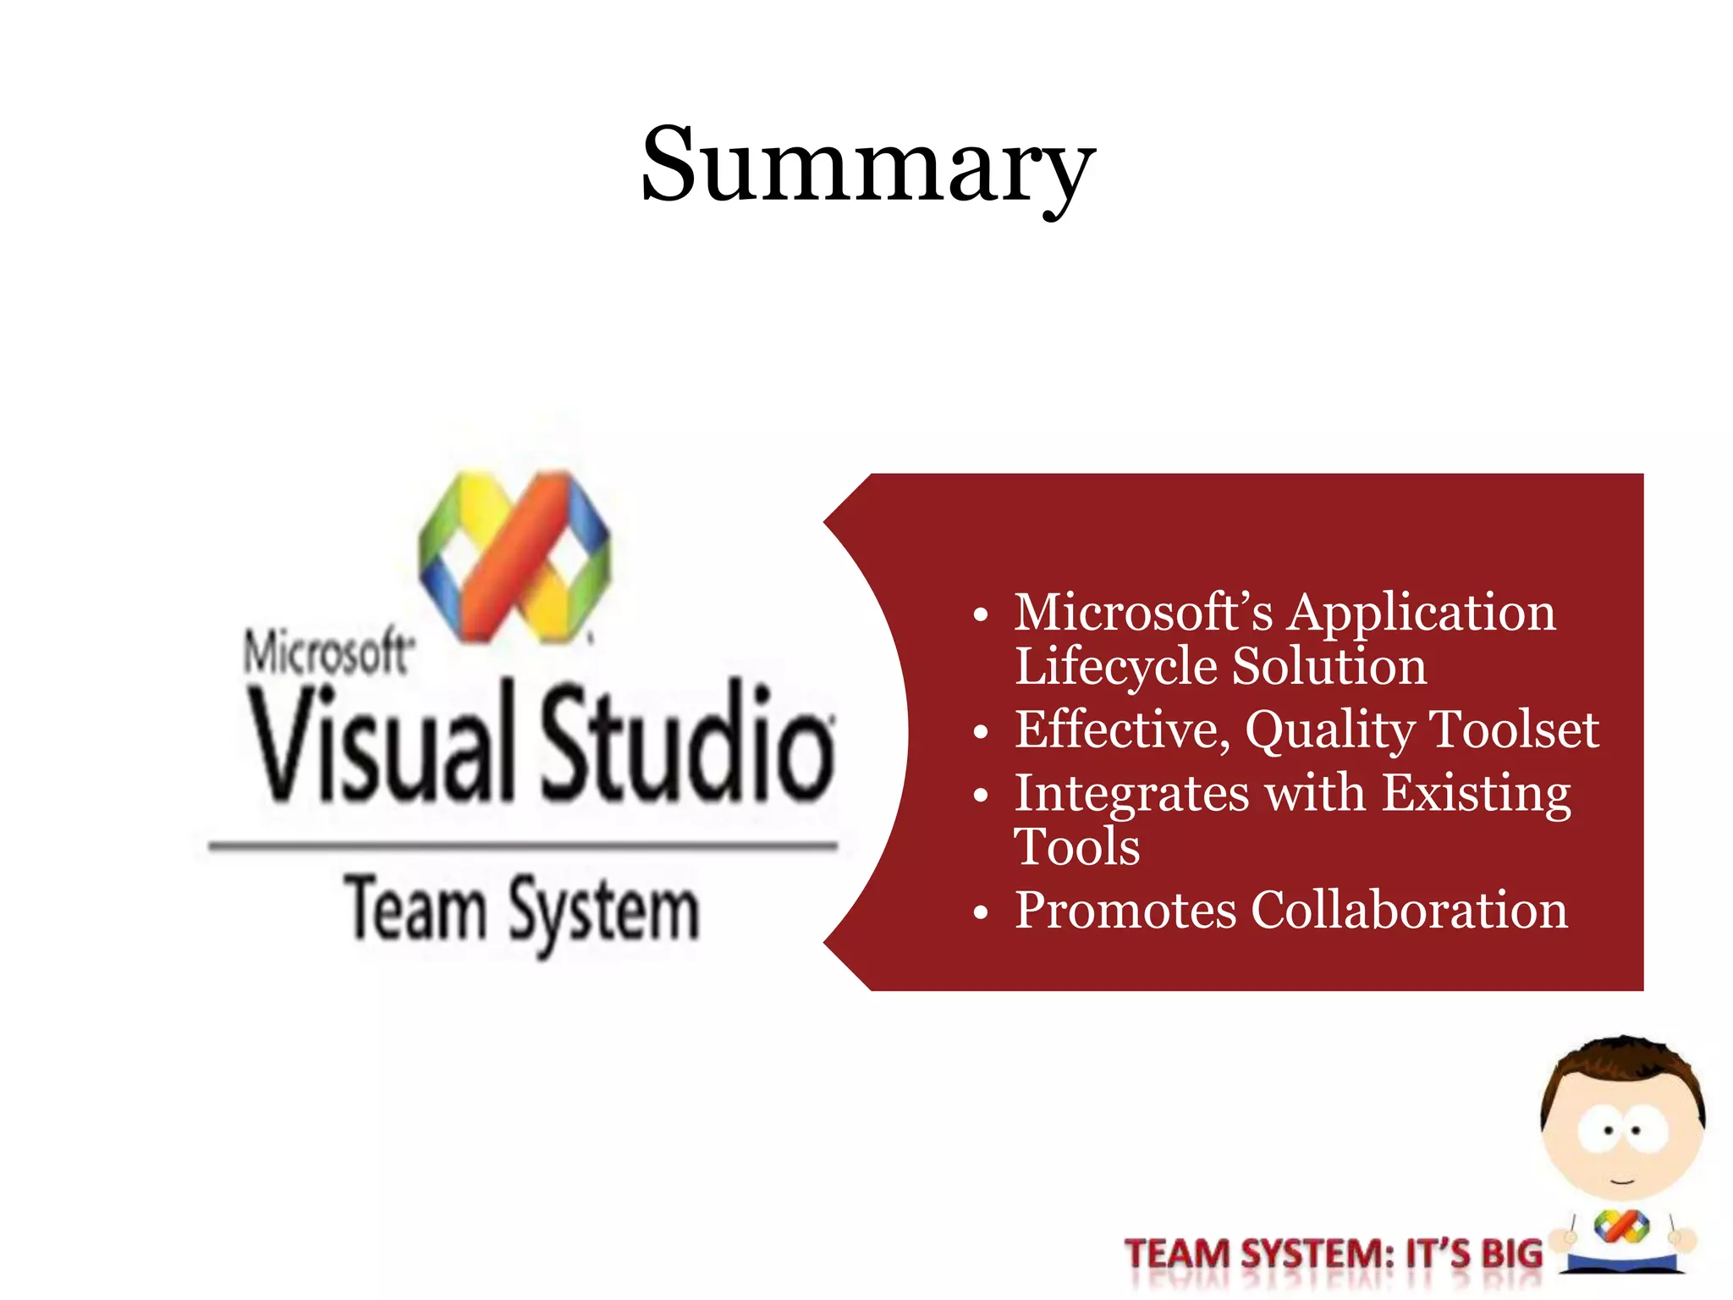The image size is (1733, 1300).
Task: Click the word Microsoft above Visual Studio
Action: point(327,653)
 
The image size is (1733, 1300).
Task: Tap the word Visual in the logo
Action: point(381,743)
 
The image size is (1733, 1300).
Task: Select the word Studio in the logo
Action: point(687,743)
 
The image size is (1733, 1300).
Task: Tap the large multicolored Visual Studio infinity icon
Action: point(514,557)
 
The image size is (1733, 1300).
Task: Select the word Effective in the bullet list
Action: point(1122,730)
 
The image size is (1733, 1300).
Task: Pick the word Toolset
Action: point(1514,730)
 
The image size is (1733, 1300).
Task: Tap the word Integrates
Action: point(1131,796)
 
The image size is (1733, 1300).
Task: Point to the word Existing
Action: point(1476,796)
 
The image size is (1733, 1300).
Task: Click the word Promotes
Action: point(1125,911)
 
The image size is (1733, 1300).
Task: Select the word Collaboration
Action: point(1409,911)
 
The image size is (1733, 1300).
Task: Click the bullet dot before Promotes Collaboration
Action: point(980,913)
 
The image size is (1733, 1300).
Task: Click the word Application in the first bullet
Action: point(1421,613)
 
